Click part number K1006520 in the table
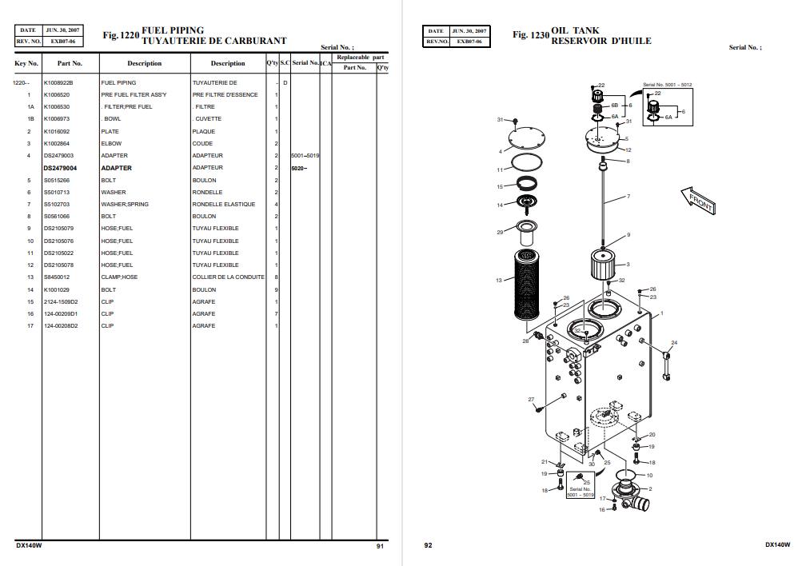(57, 95)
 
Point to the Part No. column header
(70, 63)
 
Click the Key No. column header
(26, 63)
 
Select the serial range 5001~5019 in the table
(305, 156)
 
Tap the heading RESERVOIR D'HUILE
(601, 41)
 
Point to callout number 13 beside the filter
(498, 281)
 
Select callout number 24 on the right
(673, 343)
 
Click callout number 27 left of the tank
(531, 399)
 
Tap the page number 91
(380, 545)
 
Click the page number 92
(428, 545)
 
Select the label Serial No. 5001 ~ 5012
(667, 85)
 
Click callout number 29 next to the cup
(500, 233)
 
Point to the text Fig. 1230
(530, 35)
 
